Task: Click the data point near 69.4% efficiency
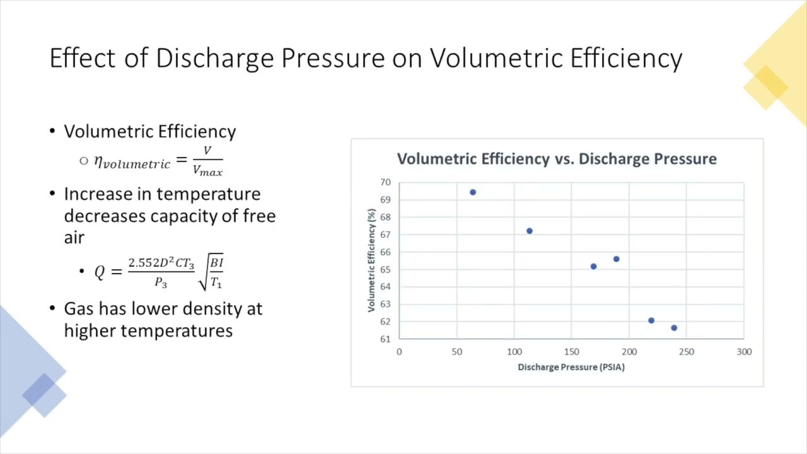point(473,192)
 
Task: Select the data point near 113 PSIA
point(530,231)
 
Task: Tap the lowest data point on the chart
point(674,328)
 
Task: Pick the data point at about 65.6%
point(616,259)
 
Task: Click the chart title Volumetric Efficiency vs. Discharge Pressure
point(557,159)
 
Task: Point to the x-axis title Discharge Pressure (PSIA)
point(571,367)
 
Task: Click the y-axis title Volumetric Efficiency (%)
point(371,260)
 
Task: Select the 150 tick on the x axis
point(571,352)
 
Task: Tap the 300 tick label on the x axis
point(744,352)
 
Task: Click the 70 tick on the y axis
point(385,182)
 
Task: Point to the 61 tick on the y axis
point(385,339)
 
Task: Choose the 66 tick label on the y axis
point(385,252)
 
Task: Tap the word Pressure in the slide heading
point(332,58)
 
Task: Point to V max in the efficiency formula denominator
point(207,170)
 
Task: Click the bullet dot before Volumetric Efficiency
point(52,131)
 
